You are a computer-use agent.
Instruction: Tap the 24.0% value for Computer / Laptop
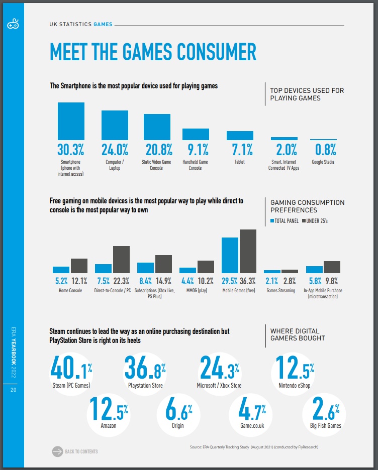[x=115, y=149]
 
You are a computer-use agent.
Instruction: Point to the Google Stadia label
[x=323, y=162]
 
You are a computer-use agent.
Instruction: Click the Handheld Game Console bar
[x=196, y=134]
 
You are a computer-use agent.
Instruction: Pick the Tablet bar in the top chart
[x=240, y=136]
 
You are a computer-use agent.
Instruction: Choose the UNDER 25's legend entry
[x=316, y=220]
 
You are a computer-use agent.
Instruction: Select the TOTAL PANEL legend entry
[x=285, y=220]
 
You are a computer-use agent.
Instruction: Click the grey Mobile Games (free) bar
[x=248, y=251]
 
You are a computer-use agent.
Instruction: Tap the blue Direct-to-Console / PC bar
[x=103, y=268]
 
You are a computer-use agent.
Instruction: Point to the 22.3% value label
[x=122, y=281]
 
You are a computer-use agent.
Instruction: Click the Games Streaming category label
[x=280, y=290]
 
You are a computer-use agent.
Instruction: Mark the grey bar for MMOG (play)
[x=206, y=267]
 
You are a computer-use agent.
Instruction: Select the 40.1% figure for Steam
[x=71, y=369]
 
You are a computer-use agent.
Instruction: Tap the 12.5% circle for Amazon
[x=109, y=409]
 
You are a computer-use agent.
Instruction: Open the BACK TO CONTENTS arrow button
[x=58, y=451]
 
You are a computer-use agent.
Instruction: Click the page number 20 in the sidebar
[x=12, y=391]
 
